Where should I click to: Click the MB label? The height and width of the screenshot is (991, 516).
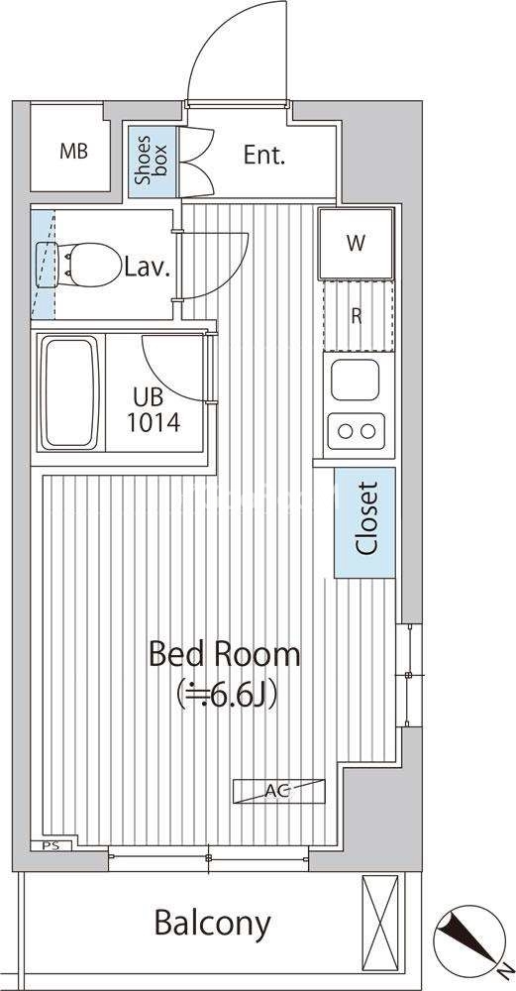coord(74,152)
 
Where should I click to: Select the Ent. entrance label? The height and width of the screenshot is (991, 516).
coord(264,156)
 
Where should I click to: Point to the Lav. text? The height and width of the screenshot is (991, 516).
coord(148,268)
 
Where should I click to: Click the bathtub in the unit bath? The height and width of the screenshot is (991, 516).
coord(69,392)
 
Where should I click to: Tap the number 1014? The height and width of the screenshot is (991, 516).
coord(154,422)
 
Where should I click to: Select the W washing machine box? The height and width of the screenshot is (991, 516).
coord(357,244)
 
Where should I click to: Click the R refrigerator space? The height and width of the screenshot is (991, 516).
coord(357,316)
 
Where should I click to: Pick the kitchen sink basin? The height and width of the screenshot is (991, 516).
coord(355,380)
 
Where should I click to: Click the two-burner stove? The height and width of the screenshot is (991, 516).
coord(357,431)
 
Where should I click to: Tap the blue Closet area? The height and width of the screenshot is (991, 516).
coord(365,522)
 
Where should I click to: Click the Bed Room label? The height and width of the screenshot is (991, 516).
coord(224,654)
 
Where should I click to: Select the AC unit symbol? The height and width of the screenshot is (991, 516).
coord(278,791)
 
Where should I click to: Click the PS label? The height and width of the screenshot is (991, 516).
coord(52,845)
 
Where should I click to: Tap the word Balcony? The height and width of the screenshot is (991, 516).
coord(213,924)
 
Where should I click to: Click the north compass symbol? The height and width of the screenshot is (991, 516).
coord(470,939)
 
